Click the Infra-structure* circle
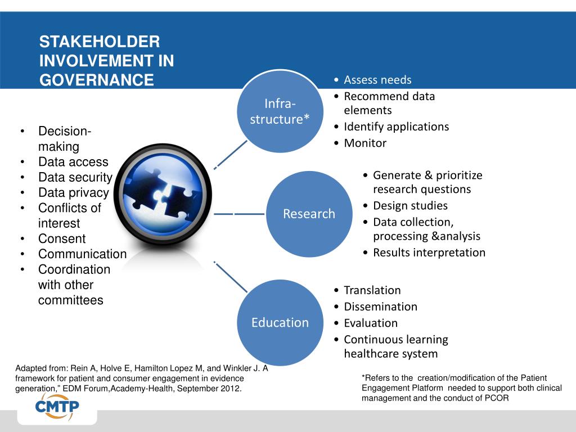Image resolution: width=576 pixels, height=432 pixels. click(x=280, y=111)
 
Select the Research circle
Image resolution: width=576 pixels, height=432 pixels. click(x=309, y=214)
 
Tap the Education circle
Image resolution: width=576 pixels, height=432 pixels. click(x=280, y=322)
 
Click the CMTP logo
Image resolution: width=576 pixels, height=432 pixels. click(x=57, y=407)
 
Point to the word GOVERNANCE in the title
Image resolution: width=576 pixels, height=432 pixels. click(x=96, y=80)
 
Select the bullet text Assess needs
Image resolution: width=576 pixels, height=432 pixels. click(x=377, y=80)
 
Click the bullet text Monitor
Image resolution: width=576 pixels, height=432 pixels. click(x=365, y=143)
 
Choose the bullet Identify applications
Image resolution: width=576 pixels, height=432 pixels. click(x=396, y=127)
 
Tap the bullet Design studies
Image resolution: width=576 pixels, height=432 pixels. click(x=410, y=205)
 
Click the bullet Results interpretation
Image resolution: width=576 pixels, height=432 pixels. click(x=429, y=253)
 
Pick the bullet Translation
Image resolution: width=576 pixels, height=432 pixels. click(x=372, y=290)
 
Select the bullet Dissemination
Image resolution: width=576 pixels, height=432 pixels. click(x=380, y=307)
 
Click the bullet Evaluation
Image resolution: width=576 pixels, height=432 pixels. click(x=370, y=323)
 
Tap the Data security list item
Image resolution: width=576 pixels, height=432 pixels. click(x=75, y=177)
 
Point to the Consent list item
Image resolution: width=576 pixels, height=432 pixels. click(x=62, y=238)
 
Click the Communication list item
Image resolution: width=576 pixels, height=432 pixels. click(x=82, y=254)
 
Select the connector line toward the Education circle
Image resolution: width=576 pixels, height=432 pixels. click(x=231, y=276)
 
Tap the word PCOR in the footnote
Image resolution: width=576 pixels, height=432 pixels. click(x=497, y=398)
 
